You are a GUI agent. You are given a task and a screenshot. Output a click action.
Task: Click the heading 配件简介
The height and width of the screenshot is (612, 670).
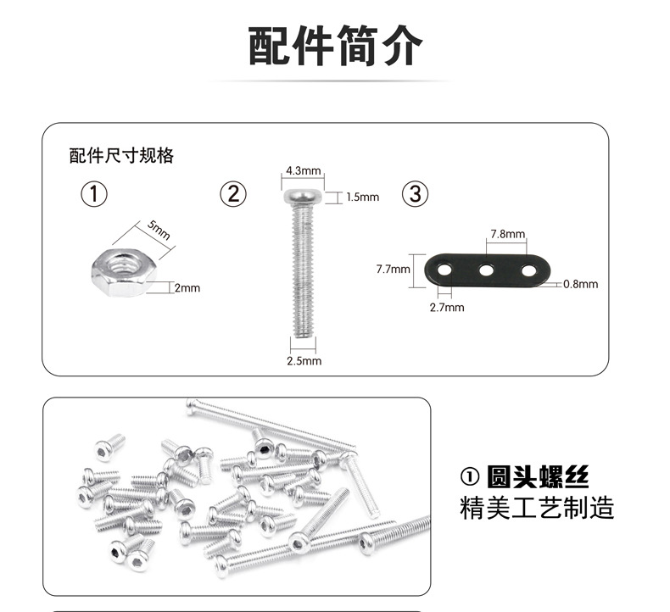334,46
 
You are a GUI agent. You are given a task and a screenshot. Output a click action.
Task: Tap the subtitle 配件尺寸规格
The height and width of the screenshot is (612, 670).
121,156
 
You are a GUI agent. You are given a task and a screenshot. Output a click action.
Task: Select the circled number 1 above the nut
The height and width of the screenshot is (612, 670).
94,194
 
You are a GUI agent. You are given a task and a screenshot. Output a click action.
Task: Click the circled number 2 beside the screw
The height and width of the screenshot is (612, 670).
233,194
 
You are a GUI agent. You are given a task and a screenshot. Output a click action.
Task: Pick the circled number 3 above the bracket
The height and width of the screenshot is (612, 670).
415,194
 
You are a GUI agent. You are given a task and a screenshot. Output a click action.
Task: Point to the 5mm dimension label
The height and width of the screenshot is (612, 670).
159,229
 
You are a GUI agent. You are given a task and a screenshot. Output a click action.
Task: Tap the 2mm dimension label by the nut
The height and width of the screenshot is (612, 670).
187,288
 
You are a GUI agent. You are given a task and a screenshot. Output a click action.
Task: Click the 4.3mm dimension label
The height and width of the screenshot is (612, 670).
302,170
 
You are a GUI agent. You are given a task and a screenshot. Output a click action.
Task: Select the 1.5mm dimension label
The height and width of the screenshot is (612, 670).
362,197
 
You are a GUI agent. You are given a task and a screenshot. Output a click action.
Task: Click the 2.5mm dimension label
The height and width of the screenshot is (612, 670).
304,360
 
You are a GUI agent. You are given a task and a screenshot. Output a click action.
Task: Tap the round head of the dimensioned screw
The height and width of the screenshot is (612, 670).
303,197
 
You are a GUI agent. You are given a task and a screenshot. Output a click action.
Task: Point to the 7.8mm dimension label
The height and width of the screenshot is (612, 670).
507,234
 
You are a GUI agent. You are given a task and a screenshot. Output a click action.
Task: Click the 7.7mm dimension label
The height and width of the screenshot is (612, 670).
393,270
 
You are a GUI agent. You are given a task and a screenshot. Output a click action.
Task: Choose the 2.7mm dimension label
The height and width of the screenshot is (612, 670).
447,307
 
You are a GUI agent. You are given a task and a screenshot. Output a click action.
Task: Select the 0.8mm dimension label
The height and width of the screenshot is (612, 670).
581,284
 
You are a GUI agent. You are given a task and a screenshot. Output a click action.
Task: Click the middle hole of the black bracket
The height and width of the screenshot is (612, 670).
487,271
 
